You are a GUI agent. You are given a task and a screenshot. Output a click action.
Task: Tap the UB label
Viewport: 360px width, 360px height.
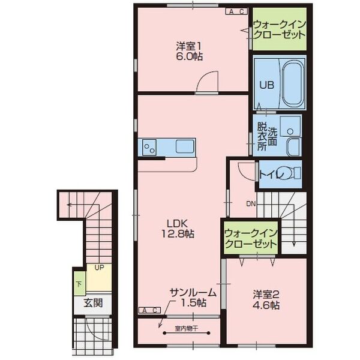point(266,85)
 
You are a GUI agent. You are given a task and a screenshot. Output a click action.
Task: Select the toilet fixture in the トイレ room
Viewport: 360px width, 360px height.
point(292,173)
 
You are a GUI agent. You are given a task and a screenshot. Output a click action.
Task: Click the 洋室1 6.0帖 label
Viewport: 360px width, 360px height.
point(189,52)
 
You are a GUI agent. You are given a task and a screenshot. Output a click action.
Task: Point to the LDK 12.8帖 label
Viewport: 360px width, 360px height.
point(178,229)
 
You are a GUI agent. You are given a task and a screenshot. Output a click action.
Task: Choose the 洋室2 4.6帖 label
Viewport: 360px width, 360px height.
point(266,299)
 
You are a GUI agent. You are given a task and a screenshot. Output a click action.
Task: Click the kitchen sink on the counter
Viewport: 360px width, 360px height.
point(185,146)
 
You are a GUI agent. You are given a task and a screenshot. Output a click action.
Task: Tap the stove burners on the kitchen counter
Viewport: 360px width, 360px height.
point(149,147)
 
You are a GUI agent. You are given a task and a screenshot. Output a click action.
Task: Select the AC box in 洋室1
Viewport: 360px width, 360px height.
point(236,11)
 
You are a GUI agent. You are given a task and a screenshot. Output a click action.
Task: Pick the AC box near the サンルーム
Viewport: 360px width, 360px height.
point(149,310)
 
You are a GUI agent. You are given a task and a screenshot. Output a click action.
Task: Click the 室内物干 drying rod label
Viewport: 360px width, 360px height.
point(186,329)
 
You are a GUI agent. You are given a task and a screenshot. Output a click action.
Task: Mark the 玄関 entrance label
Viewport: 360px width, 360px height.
point(93,303)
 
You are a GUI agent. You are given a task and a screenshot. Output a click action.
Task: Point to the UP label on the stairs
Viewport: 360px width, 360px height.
point(99,268)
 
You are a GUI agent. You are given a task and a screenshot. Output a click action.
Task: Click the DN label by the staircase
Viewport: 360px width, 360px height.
point(251,204)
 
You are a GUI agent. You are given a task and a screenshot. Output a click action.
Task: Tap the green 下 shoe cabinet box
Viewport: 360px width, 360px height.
point(79,284)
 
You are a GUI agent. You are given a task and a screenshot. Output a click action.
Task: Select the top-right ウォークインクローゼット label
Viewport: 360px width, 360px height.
point(280,29)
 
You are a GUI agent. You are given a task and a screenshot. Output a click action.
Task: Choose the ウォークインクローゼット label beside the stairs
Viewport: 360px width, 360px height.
point(251,239)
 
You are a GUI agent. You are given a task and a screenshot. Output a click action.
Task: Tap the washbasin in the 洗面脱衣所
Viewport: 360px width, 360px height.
point(290,126)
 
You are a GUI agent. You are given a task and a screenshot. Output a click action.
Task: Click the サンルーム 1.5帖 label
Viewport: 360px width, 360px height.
point(193,298)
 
